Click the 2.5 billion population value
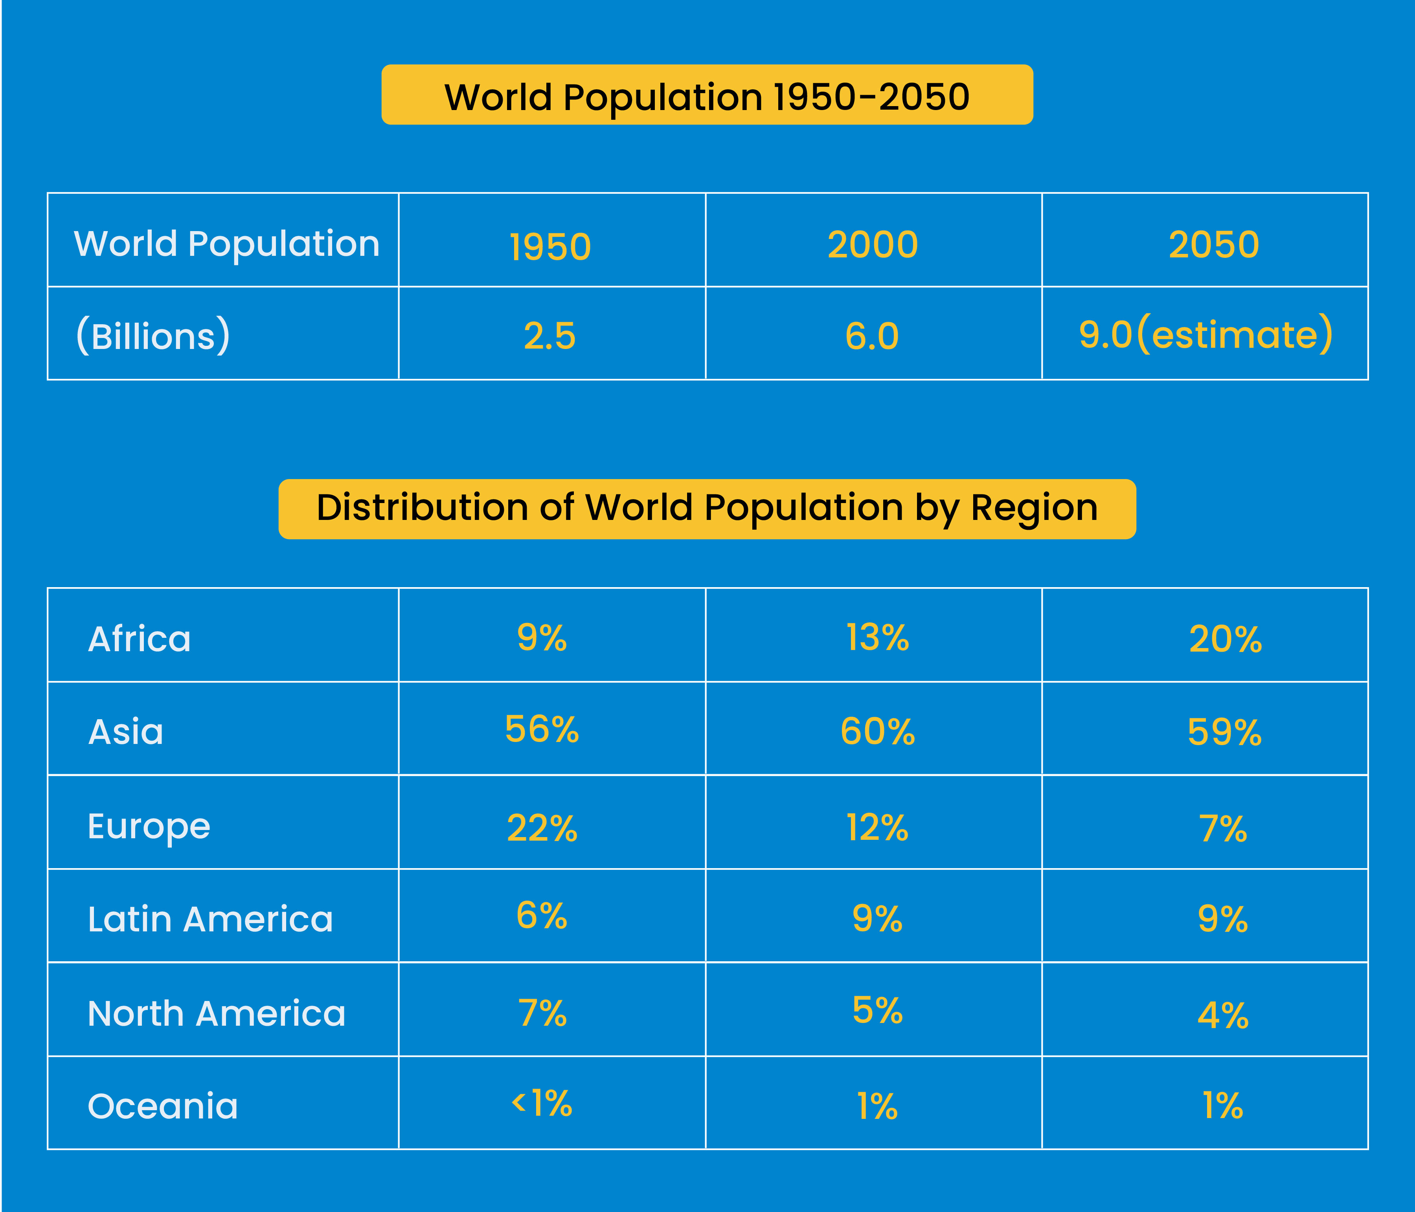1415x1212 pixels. click(550, 336)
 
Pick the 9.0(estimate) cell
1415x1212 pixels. click(1206, 334)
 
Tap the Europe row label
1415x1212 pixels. click(149, 827)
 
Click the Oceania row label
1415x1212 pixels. click(163, 1106)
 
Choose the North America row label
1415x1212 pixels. click(217, 1013)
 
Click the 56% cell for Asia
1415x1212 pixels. click(542, 730)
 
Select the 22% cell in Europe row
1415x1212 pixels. click(542, 828)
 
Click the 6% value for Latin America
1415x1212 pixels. click(542, 916)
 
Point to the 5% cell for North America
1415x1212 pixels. click(878, 1010)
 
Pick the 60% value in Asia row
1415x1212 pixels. click(878, 732)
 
